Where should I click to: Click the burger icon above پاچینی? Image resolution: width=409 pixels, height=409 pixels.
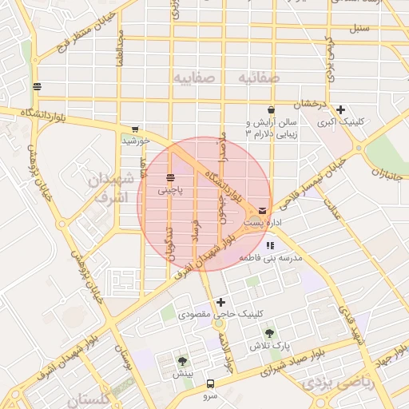(171, 177)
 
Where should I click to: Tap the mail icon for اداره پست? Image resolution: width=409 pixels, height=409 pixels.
(263, 210)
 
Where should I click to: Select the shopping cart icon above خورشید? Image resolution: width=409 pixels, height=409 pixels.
(135, 129)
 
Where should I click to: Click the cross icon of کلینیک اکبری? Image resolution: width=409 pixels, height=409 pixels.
(341, 109)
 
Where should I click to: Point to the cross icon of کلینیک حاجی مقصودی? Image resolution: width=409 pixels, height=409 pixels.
(220, 302)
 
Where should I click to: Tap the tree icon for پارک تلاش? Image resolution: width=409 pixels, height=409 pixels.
(269, 332)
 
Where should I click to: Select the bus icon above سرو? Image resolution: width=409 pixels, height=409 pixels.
(210, 383)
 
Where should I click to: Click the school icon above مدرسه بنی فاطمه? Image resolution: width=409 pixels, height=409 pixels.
(271, 246)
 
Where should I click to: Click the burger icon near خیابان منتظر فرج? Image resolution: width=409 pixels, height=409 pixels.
(37, 86)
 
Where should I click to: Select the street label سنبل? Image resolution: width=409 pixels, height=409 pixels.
(359, 28)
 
